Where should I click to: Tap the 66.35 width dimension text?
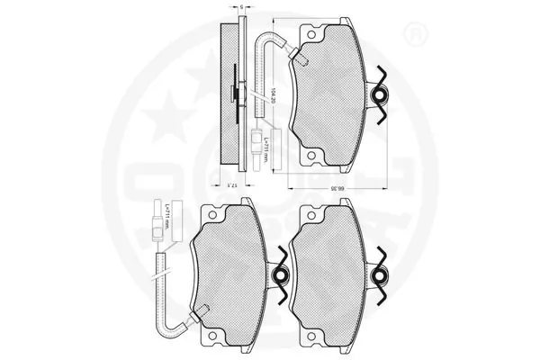coord(333,187)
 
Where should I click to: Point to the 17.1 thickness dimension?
coord(233,183)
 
